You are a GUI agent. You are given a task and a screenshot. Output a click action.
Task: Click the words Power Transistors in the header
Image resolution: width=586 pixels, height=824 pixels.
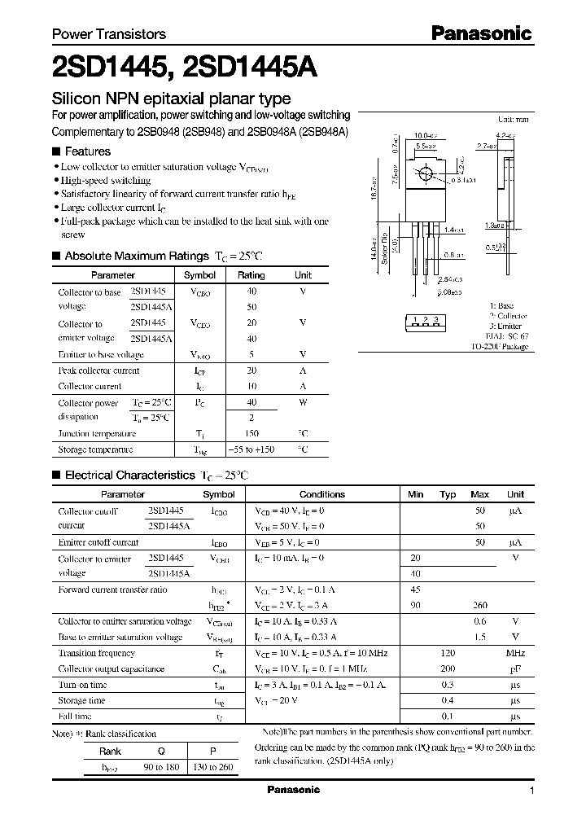coord(109,34)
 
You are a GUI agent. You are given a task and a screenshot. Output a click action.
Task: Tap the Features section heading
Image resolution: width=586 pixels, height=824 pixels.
coord(87,151)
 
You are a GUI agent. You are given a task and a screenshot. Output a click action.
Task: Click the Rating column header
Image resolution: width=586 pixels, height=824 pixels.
coord(251,275)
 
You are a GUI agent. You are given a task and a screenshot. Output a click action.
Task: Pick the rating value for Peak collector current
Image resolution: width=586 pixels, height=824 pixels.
coord(251,370)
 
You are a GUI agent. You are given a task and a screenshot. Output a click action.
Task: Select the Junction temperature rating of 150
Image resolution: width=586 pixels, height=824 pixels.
coord(251,434)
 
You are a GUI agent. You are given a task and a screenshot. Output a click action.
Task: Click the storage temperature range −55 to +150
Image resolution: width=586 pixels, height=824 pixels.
coord(251,449)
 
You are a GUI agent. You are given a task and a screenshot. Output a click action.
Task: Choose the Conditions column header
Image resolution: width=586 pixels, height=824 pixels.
coord(322,494)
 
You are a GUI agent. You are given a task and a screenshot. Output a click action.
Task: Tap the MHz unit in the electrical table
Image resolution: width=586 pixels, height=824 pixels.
coord(514,653)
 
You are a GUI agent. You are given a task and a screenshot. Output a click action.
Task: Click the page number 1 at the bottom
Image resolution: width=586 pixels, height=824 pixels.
coord(531,791)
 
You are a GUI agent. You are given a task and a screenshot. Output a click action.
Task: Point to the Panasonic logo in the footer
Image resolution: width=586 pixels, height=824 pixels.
coord(294,790)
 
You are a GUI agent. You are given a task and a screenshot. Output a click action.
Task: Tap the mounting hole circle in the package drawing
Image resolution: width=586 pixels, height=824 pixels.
coord(424,174)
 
